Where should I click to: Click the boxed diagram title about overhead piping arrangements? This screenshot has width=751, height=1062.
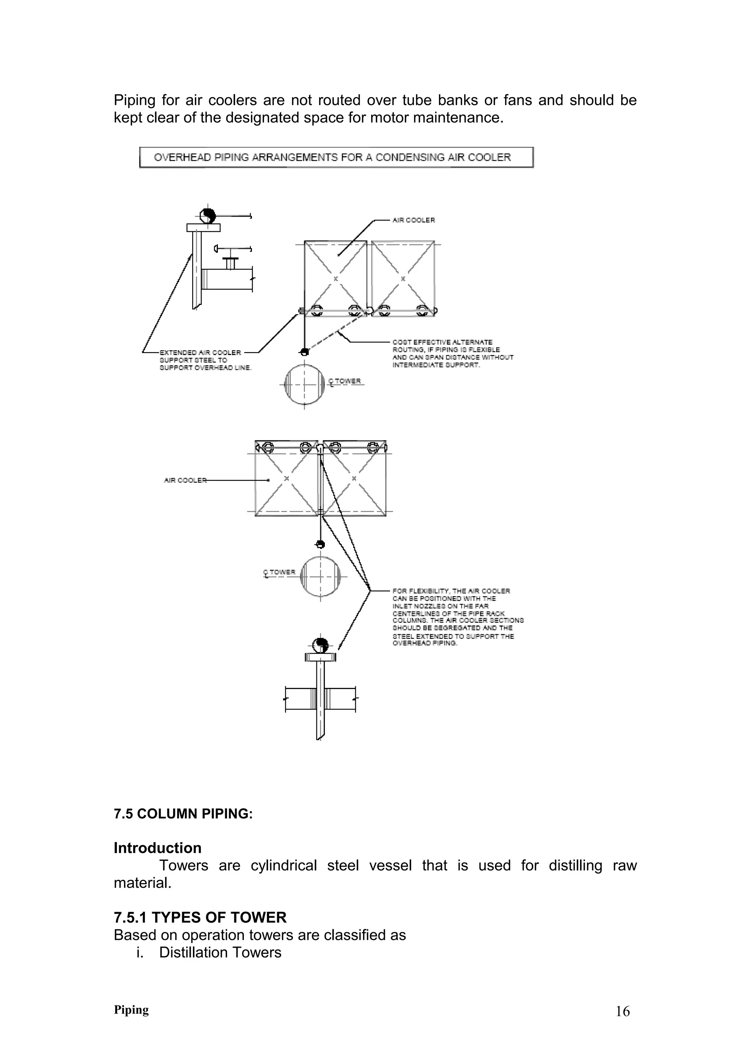pyautogui.click(x=336, y=157)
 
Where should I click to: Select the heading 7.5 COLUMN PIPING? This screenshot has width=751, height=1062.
pyautogui.click(x=183, y=814)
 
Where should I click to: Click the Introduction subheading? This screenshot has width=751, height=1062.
pyautogui.click(x=157, y=848)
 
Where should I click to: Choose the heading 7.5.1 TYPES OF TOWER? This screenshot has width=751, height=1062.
pyautogui.click(x=200, y=917)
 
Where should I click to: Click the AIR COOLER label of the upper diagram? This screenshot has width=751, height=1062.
pyautogui.click(x=413, y=220)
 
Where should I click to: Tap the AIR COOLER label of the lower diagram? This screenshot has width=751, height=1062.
pyautogui.click(x=185, y=480)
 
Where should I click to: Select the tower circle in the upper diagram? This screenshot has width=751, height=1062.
pyautogui.click(x=304, y=384)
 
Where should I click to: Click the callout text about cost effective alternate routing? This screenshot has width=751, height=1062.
pyautogui.click(x=452, y=353)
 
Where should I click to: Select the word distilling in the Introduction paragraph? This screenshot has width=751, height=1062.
pyautogui.click(x=575, y=866)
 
